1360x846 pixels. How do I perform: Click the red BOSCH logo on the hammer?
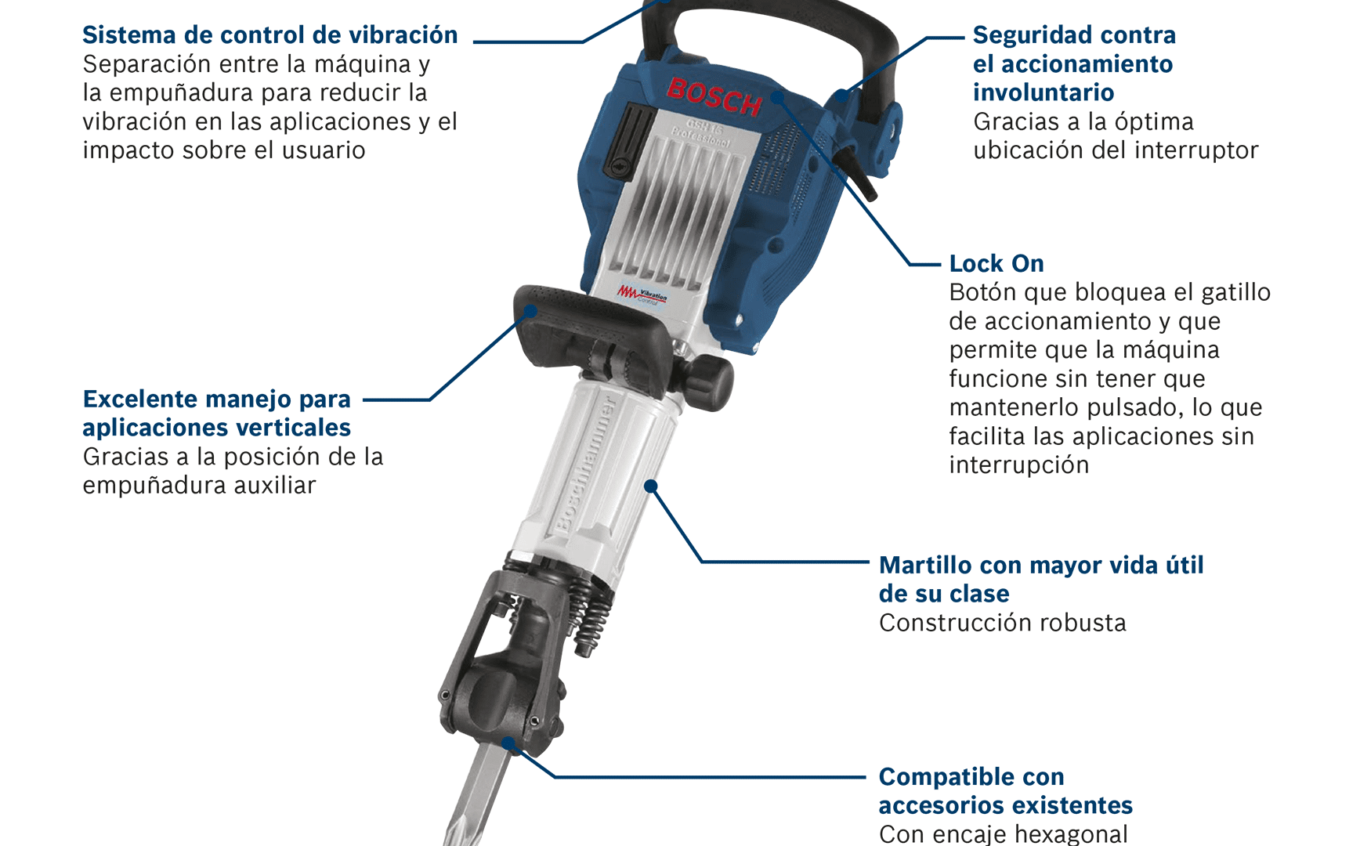tap(714, 96)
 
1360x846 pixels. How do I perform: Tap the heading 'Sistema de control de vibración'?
tap(270, 35)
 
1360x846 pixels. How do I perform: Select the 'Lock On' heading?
tap(996, 263)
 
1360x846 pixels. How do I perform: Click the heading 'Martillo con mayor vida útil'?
tap(1041, 565)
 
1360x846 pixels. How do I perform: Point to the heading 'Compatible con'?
tap(971, 776)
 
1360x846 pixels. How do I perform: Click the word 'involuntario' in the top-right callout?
tap(1044, 92)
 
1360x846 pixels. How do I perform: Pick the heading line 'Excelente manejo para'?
tap(217, 399)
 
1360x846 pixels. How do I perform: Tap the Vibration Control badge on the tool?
tap(642, 295)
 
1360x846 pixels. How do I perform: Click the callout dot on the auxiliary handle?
tap(530, 311)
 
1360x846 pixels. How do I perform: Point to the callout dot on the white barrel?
tap(650, 486)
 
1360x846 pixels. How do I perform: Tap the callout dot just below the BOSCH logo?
tap(777, 97)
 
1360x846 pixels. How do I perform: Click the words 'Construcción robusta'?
tap(1003, 623)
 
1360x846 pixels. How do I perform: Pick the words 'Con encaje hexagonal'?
tap(1004, 833)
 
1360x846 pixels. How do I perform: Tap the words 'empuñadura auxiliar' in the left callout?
tap(199, 486)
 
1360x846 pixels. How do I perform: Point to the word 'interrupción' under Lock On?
tap(1019, 465)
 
